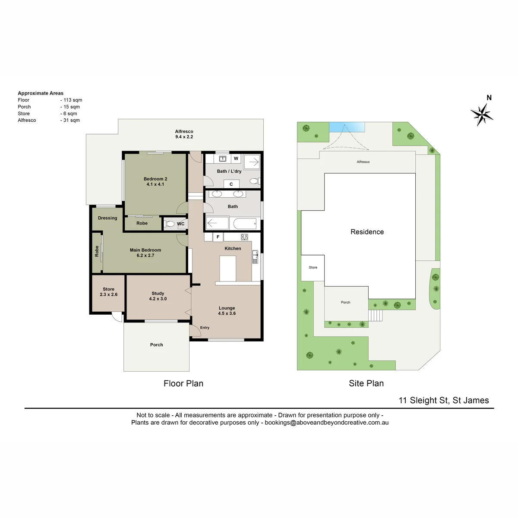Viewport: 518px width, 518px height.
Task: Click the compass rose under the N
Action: coord(481,115)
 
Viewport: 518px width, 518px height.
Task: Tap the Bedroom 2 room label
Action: coord(155,181)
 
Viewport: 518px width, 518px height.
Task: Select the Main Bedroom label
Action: coord(145,253)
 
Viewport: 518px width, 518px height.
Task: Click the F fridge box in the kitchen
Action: coord(218,237)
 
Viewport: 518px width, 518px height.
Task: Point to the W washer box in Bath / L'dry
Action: coord(236,158)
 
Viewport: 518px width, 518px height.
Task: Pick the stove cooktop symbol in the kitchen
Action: coord(244,237)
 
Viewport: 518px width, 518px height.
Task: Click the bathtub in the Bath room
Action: coord(245,223)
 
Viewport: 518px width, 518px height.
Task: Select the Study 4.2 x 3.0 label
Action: coord(158,296)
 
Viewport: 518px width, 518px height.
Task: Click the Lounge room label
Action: coord(227,310)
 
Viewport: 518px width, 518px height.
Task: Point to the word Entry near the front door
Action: coord(205,327)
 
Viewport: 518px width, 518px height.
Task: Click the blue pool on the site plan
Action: coord(347,127)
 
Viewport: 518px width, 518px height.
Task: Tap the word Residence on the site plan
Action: coord(367,232)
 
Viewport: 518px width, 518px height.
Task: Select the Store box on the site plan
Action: coord(313,268)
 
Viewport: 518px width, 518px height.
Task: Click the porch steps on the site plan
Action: coord(375,315)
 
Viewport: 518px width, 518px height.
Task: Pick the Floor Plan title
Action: coord(183,383)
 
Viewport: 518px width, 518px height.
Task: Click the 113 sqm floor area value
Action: coord(73,100)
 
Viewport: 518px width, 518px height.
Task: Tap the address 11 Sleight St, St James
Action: coord(444,400)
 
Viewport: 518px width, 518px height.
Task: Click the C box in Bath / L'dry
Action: coord(231,184)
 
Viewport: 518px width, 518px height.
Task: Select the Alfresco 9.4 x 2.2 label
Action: coord(184,134)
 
